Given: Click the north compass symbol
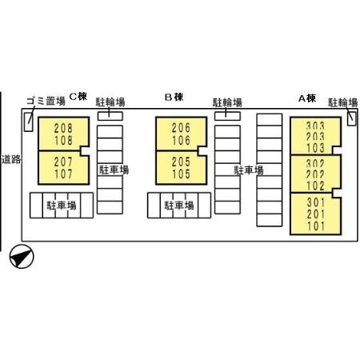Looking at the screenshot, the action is (x=22, y=256).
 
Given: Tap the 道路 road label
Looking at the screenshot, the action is (x=11, y=159).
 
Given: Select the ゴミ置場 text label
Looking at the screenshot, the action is (x=46, y=101).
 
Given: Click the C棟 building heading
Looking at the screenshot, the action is (x=78, y=96).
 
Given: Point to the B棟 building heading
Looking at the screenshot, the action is (x=174, y=97).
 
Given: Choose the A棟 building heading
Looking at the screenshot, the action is (x=307, y=98).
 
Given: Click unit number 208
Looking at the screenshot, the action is (x=63, y=128).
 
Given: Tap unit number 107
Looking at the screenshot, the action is (x=63, y=174).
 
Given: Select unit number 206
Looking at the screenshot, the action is (x=181, y=128).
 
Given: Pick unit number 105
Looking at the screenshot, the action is (x=181, y=174).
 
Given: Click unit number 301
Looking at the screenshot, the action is (x=316, y=202).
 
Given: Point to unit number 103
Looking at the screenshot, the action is (x=315, y=148).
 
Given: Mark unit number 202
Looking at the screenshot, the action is (x=315, y=174).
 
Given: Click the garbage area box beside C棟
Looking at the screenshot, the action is (x=28, y=122).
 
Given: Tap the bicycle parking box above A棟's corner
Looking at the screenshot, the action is (x=352, y=118).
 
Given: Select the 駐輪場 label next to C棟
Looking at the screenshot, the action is (x=110, y=102).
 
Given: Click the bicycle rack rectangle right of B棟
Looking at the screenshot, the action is (x=227, y=116).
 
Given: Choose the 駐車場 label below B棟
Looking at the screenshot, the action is (x=179, y=206).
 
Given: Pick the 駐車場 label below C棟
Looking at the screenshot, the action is (x=62, y=206).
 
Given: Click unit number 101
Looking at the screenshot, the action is (x=316, y=226).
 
